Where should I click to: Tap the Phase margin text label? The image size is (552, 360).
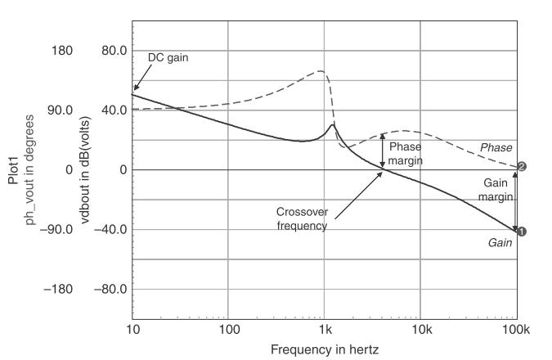pyautogui.click(x=406, y=154)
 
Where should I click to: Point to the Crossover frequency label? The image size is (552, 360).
pyautogui.click(x=302, y=218)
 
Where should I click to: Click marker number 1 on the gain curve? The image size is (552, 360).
pyautogui.click(x=521, y=232)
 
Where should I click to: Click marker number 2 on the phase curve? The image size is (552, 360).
pyautogui.click(x=521, y=166)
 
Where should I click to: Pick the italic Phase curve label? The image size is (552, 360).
pyautogui.click(x=496, y=148)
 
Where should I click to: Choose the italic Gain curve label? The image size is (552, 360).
pyautogui.click(x=500, y=243)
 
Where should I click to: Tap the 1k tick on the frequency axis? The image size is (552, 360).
pyautogui.click(x=325, y=329)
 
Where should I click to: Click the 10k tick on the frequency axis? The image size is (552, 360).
pyautogui.click(x=420, y=329)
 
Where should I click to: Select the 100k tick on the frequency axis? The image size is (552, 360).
pyautogui.click(x=516, y=329)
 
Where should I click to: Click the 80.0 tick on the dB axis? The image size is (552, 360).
pyautogui.click(x=107, y=51)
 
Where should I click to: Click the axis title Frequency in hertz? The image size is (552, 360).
pyautogui.click(x=325, y=349)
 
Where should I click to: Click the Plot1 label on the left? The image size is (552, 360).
pyautogui.click(x=14, y=169)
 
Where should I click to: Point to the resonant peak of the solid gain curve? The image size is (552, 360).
pyautogui.click(x=332, y=125)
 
